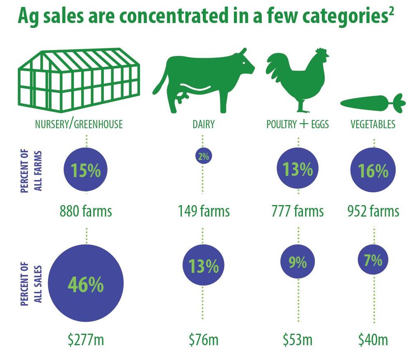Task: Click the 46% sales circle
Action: [86, 284]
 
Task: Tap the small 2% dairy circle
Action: [204, 156]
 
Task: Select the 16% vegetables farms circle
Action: [374, 171]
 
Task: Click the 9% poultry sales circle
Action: [298, 262]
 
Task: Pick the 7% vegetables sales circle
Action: [373, 260]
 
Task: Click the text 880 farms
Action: [86, 211]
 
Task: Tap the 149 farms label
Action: [204, 211]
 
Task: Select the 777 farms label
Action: [298, 211]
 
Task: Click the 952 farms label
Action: [373, 211]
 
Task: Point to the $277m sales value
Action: [86, 340]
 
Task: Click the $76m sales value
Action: [204, 340]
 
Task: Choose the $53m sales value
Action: [298, 340]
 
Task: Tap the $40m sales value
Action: [373, 340]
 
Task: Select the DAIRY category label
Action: [204, 124]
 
